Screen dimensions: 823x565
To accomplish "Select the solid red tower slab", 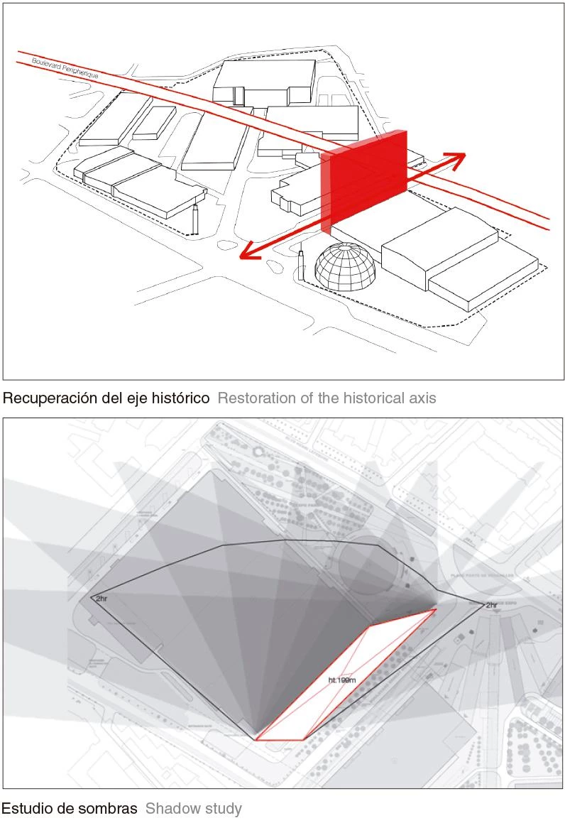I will click(369, 174).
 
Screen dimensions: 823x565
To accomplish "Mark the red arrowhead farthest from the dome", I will click(458, 158).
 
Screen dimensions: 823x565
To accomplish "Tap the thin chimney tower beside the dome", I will click(301, 264).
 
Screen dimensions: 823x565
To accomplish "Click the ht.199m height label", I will click(341, 680).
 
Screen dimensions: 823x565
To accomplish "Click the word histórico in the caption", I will click(180, 398).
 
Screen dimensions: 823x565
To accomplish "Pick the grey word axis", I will click(422, 398).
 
